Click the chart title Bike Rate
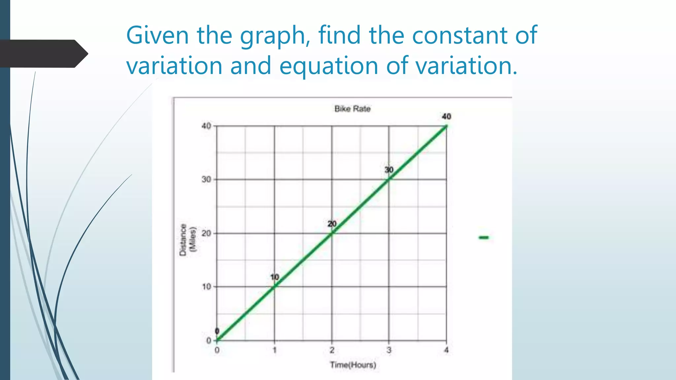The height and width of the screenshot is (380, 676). (x=353, y=109)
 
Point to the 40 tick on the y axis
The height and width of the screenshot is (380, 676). (x=206, y=126)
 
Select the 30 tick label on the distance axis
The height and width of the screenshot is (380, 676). (x=206, y=179)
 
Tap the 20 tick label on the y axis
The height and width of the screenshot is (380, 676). (x=206, y=234)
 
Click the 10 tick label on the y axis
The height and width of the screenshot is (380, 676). (x=207, y=287)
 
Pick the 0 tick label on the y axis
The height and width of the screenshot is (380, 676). (x=209, y=341)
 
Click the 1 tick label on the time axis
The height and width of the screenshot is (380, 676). (x=274, y=350)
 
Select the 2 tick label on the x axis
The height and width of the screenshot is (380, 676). (x=332, y=350)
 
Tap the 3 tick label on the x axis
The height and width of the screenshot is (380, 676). (x=389, y=350)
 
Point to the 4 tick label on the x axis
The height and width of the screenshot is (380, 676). (x=446, y=350)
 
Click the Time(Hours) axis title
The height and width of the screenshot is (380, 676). (x=353, y=365)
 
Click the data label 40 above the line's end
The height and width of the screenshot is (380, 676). (x=446, y=116)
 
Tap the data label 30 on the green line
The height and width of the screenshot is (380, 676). (x=389, y=170)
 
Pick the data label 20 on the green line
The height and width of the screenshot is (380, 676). (x=332, y=224)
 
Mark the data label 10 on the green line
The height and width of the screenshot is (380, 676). (x=275, y=277)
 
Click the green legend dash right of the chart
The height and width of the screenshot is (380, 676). (x=484, y=237)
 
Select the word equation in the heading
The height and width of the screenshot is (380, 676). (x=328, y=66)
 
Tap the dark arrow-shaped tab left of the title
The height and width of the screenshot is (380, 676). (x=43, y=54)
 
